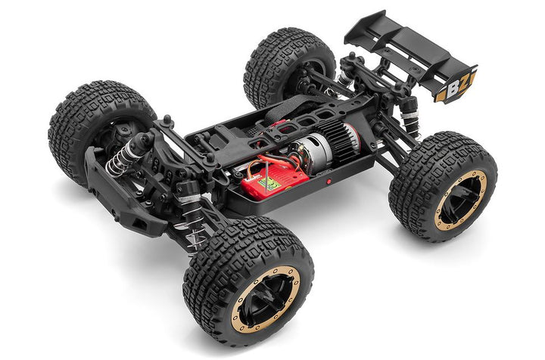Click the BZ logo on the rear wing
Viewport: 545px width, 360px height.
tap(456, 86)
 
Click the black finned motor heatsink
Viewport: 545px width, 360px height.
tap(349, 139)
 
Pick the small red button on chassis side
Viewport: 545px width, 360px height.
tap(328, 182)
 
